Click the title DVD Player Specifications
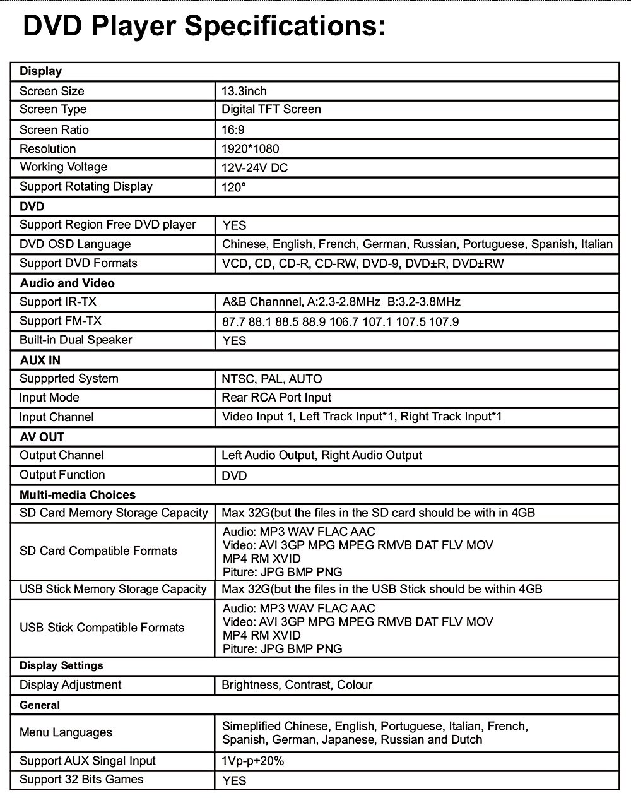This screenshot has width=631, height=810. tap(204, 27)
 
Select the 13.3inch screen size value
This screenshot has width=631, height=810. tap(244, 91)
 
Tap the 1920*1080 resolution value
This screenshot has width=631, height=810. tap(251, 149)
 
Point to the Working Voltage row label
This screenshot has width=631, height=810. tap(63, 167)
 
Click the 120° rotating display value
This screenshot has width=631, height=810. tap(233, 188)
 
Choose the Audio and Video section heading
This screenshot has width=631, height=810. tap(67, 283)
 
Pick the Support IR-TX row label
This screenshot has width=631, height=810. tap(58, 302)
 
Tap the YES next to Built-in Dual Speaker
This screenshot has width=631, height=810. tap(234, 341)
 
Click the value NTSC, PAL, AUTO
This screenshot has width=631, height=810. tap(272, 379)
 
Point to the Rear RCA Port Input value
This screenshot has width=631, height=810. tap(276, 398)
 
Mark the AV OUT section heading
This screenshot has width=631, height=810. tap(42, 437)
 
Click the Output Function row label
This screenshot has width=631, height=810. tap(62, 475)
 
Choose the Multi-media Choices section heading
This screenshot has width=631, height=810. tap(78, 495)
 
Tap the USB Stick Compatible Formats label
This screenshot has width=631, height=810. tap(102, 628)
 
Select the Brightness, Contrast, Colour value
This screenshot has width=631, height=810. tap(297, 685)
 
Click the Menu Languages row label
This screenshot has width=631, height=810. tap(66, 732)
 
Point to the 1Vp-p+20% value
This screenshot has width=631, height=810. tap(253, 761)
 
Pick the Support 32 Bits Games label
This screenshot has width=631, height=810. tap(81, 780)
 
